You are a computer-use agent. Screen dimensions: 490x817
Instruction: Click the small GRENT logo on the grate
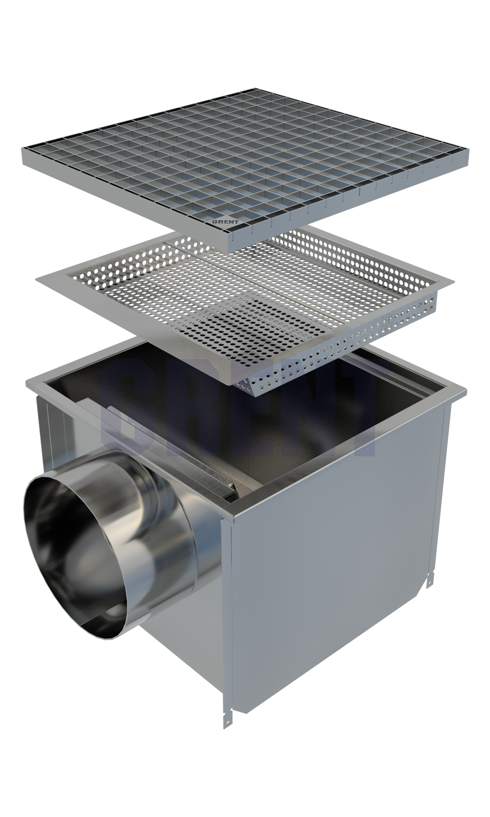(x=225, y=222)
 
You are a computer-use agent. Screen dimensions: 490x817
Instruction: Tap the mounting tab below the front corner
(x=228, y=718)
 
